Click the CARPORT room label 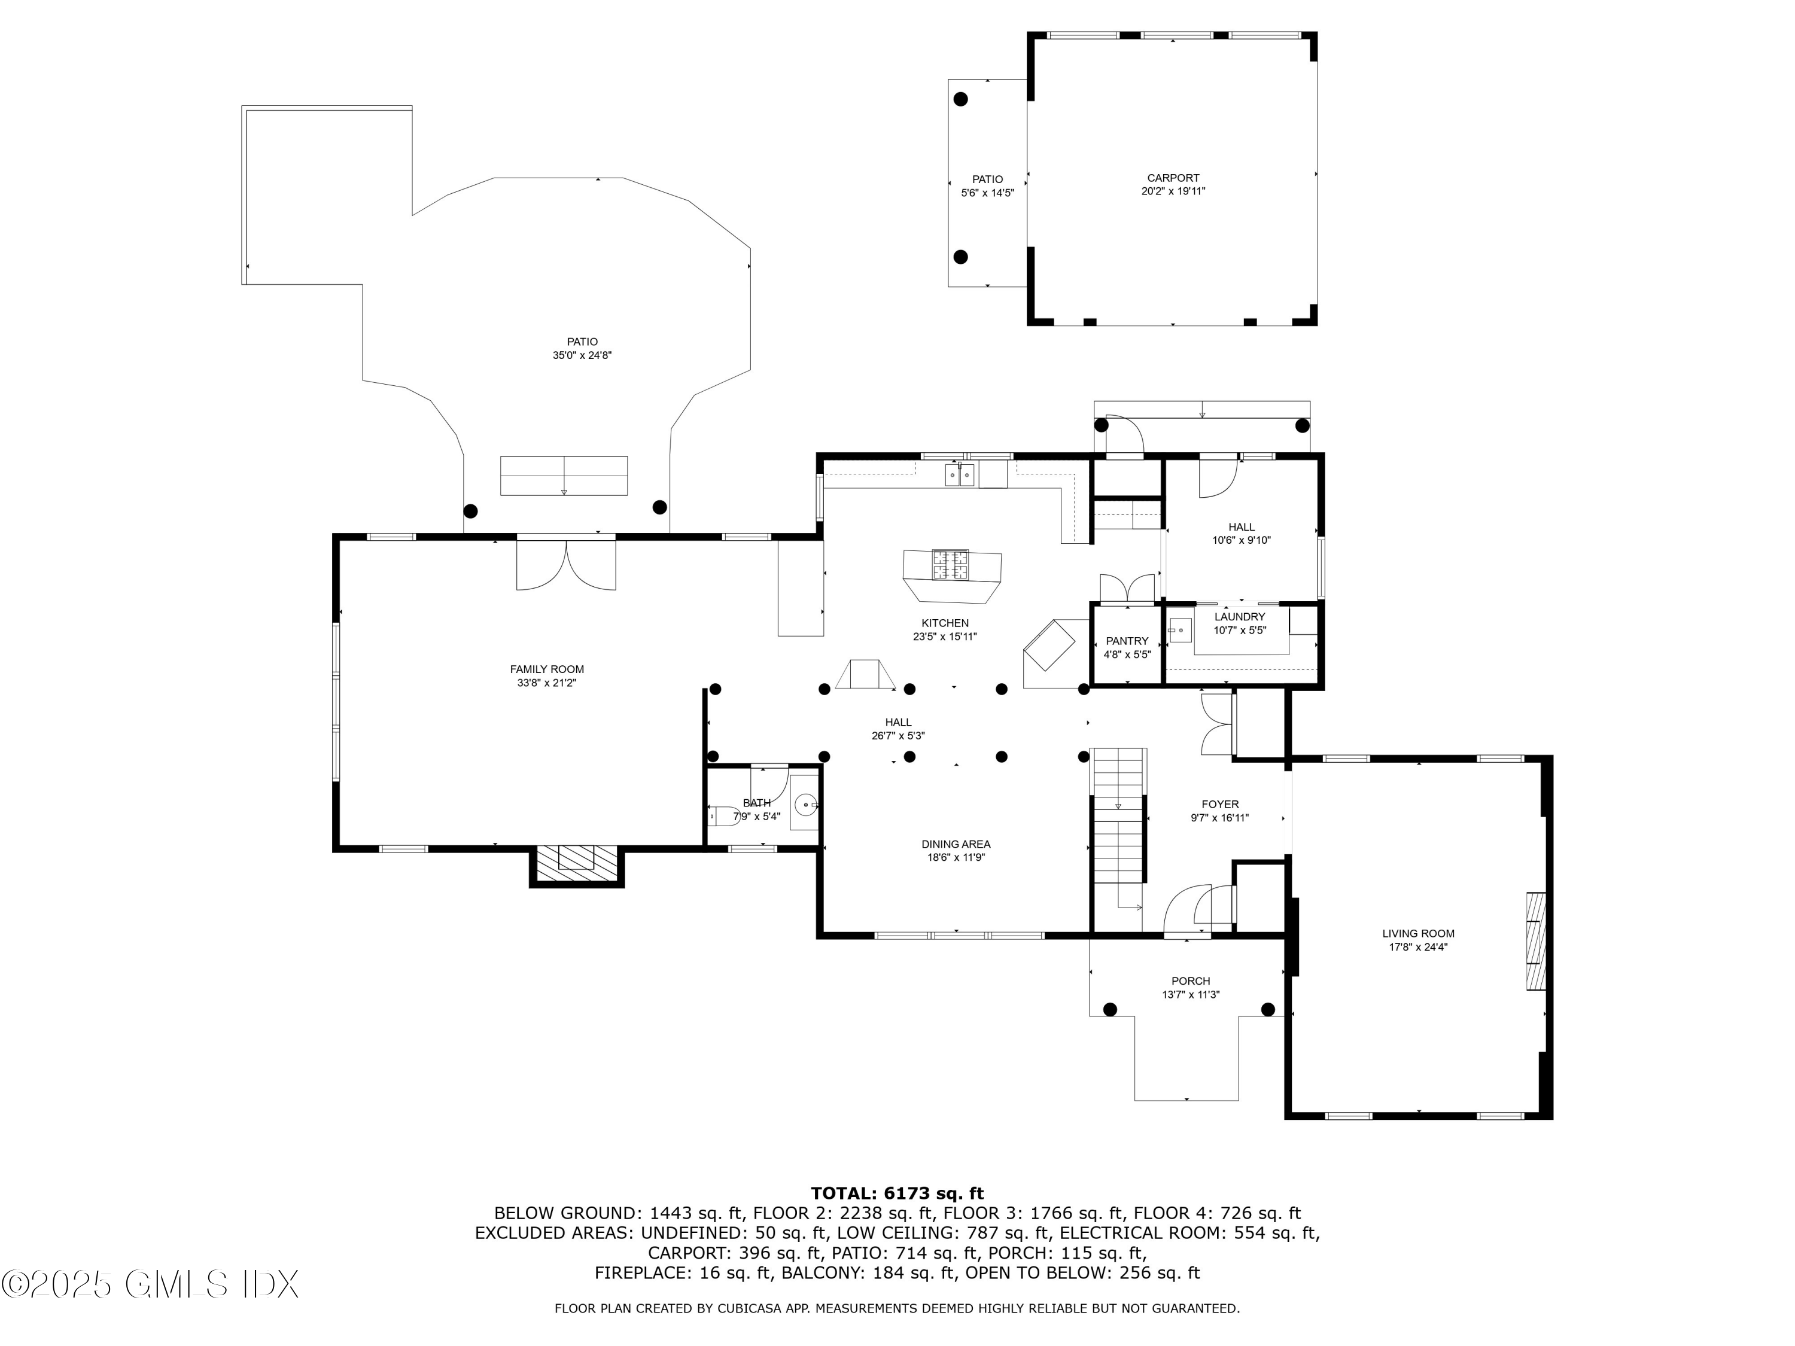pos(1173,178)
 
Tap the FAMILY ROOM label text pos(546,669)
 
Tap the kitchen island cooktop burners pos(950,565)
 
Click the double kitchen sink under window pos(959,474)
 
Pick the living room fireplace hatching pos(1535,941)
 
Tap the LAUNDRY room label pos(1239,617)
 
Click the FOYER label pos(1219,804)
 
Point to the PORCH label pos(1191,981)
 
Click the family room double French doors pos(565,565)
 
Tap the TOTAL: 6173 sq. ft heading pos(897,1193)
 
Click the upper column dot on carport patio pos(960,100)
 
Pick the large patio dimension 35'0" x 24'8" pos(582,355)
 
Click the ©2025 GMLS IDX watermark pos(150,1284)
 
